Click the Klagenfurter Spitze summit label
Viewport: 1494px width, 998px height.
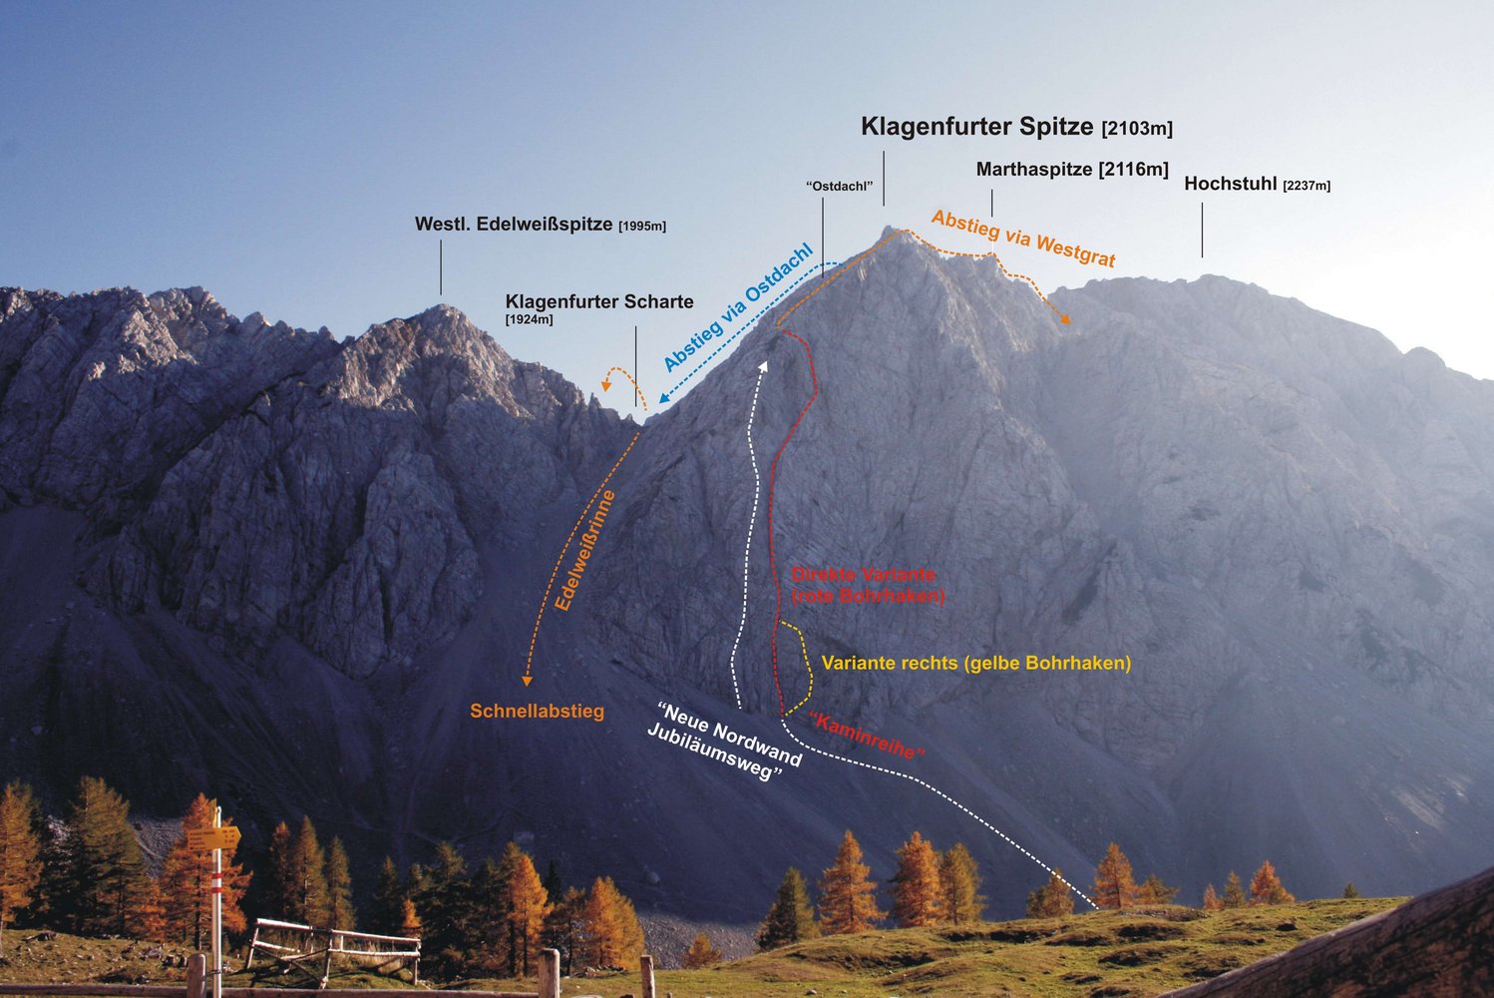(x=977, y=127)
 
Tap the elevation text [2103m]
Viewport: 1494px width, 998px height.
(x=1137, y=129)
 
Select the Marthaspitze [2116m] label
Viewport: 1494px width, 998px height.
(x=1072, y=170)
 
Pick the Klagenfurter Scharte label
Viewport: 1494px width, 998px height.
(x=598, y=302)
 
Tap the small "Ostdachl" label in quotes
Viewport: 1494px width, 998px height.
(x=839, y=187)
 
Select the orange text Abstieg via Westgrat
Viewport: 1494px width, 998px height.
(x=1023, y=238)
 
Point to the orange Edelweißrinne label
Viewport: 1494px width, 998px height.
(x=585, y=550)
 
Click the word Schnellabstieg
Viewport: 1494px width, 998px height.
(x=537, y=712)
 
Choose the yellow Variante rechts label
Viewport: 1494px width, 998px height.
(x=975, y=663)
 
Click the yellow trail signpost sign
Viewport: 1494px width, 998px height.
(x=213, y=838)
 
